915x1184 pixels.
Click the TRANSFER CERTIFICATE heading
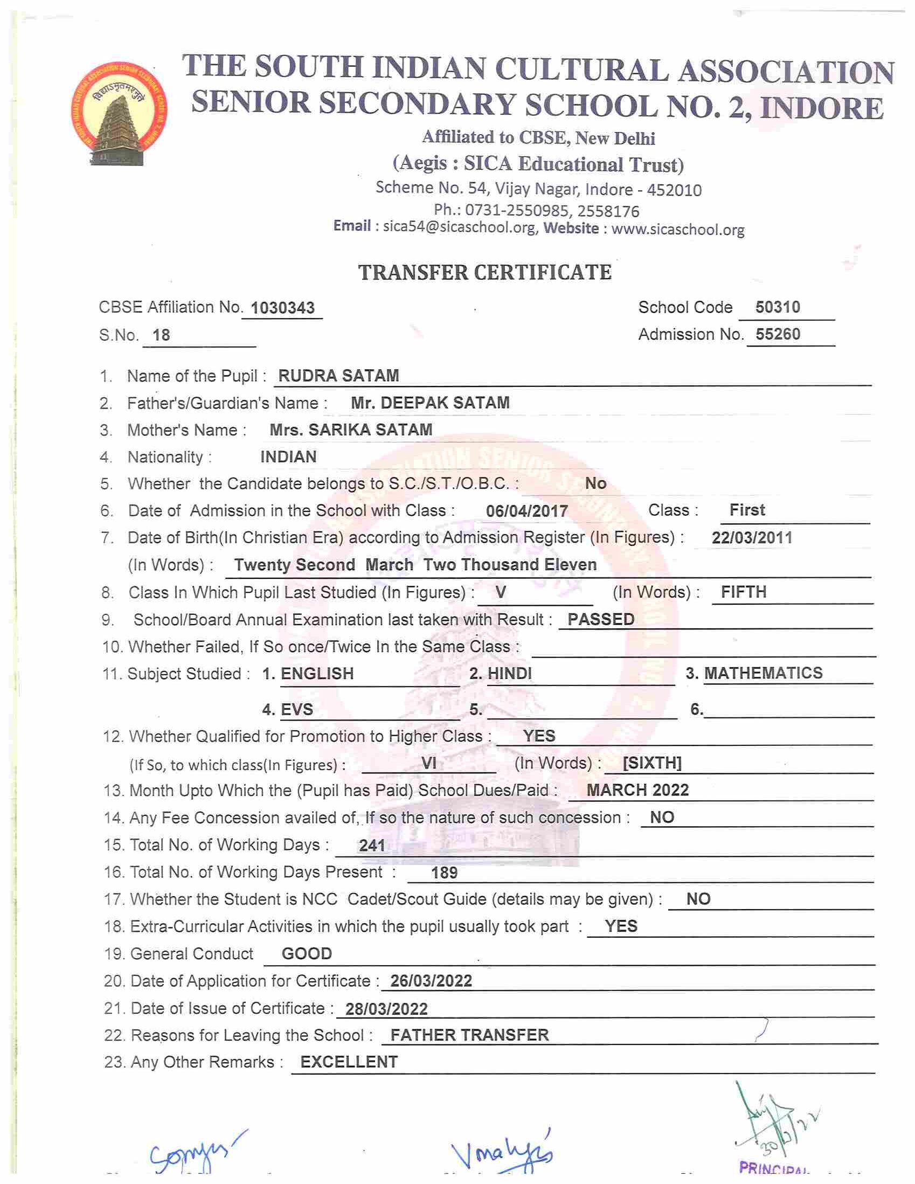pyautogui.click(x=484, y=272)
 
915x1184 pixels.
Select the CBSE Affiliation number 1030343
pyautogui.click(x=282, y=308)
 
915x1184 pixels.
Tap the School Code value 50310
pyautogui.click(x=777, y=307)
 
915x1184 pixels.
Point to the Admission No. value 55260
pyautogui.click(x=777, y=334)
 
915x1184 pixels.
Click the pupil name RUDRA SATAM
pyautogui.click(x=338, y=376)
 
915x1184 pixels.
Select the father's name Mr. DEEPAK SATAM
pyautogui.click(x=430, y=403)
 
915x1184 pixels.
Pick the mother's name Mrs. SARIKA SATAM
pyautogui.click(x=351, y=430)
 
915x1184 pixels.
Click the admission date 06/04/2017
pyautogui.click(x=526, y=511)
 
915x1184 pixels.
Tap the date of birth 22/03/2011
pyautogui.click(x=751, y=538)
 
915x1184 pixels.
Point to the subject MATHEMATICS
pyautogui.click(x=763, y=673)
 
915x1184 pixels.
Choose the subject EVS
pyautogui.click(x=296, y=710)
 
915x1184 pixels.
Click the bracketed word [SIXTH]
pyautogui.click(x=651, y=763)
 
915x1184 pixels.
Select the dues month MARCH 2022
pyautogui.click(x=637, y=790)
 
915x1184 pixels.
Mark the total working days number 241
pyautogui.click(x=372, y=846)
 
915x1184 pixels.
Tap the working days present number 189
pyautogui.click(x=444, y=873)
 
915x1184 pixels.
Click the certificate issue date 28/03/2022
pyautogui.click(x=386, y=1009)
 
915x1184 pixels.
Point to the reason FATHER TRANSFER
pyautogui.click(x=469, y=1035)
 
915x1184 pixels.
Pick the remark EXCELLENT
pyautogui.click(x=349, y=1062)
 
